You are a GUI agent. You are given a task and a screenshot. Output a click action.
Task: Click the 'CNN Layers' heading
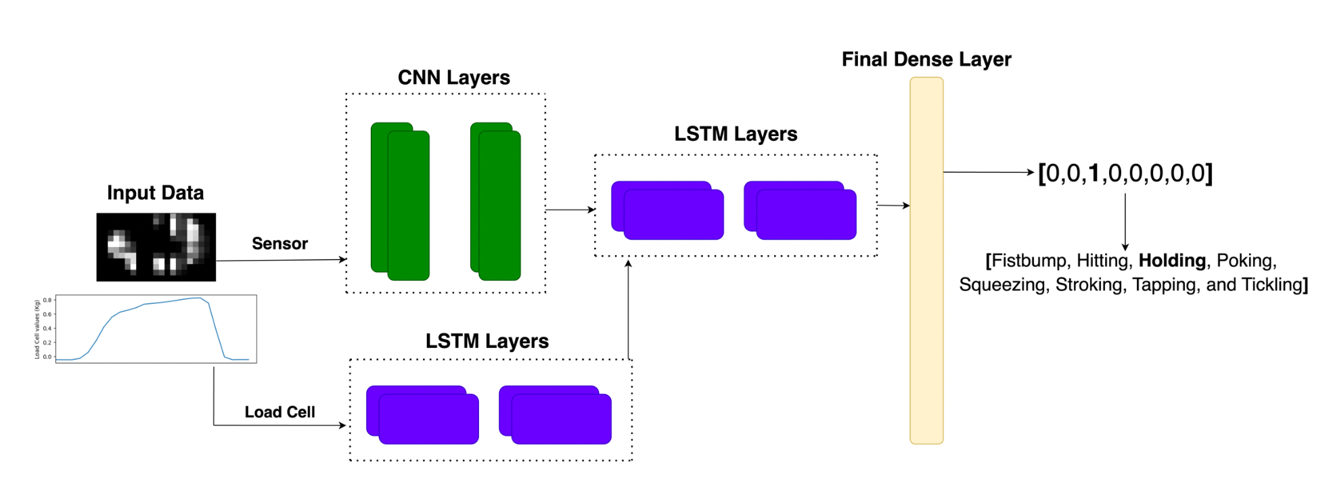[453, 78]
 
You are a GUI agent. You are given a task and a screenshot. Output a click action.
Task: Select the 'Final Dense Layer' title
[926, 60]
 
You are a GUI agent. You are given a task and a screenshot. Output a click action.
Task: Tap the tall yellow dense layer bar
[926, 261]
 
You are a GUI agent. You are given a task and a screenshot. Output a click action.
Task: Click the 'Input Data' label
[155, 193]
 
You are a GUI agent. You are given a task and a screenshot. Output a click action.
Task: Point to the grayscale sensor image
[156, 247]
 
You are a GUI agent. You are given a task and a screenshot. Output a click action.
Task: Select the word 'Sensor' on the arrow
[279, 244]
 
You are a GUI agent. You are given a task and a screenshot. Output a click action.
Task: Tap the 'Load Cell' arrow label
[279, 412]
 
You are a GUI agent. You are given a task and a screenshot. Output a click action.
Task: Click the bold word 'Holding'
[1172, 261]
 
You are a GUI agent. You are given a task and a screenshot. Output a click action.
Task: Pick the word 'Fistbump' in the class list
[1029, 261]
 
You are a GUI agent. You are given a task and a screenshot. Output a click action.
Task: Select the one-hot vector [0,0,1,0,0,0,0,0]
[1125, 173]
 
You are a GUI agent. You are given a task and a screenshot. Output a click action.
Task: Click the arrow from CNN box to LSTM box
[570, 210]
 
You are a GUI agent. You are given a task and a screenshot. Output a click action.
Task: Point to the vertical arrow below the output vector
[1125, 222]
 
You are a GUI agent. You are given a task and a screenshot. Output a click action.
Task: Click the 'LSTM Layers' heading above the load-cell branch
[487, 341]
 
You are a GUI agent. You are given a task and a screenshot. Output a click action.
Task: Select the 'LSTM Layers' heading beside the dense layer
[736, 134]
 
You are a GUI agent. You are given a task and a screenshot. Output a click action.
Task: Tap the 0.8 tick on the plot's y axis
[47, 300]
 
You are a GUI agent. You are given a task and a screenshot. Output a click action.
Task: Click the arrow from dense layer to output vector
[989, 172]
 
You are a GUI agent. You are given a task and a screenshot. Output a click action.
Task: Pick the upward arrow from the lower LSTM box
[629, 309]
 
